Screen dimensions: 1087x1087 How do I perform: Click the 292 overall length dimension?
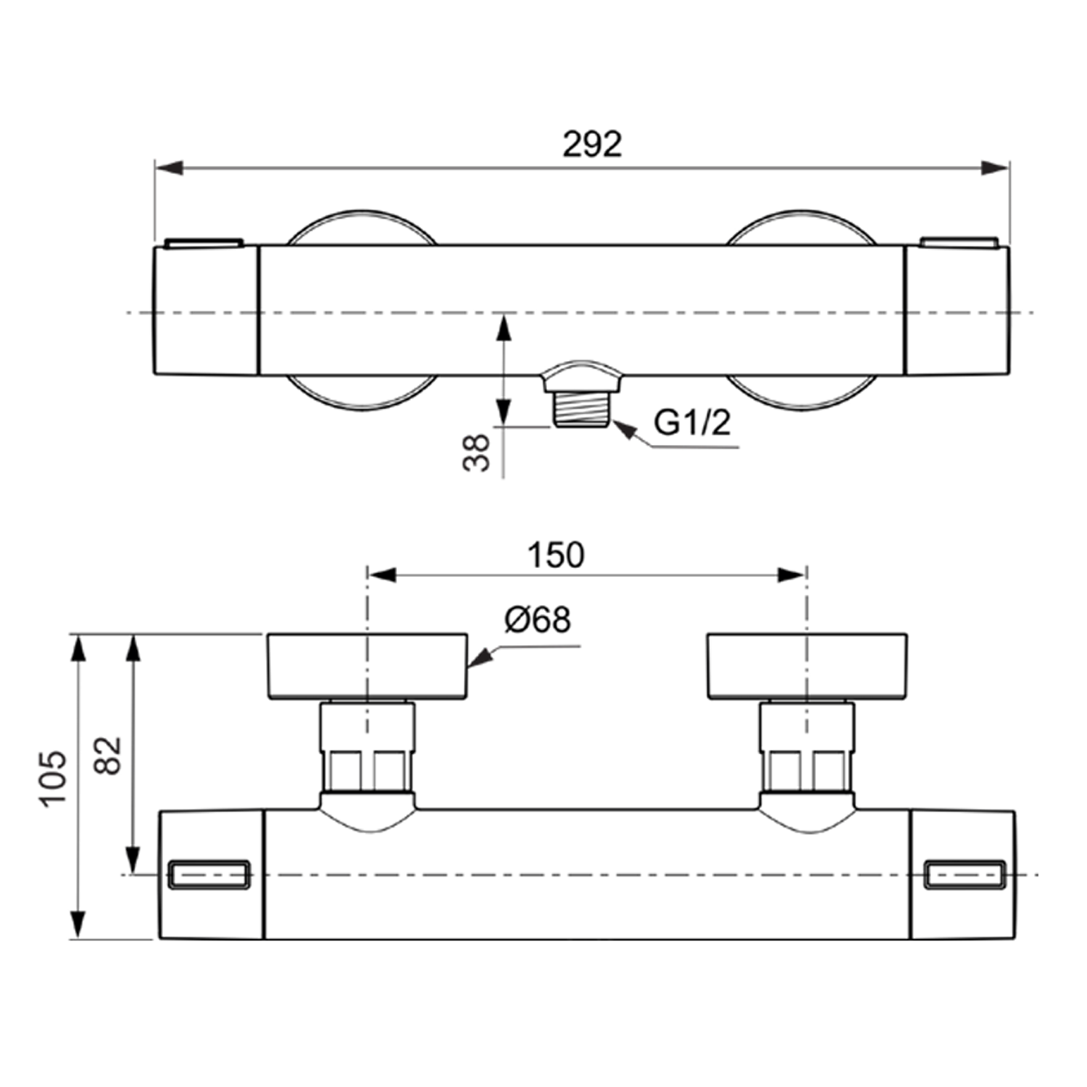(592, 144)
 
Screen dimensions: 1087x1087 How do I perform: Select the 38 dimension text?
(477, 453)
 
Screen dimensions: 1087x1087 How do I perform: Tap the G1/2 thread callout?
(692, 422)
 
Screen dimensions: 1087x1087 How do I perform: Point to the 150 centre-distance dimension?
(556, 555)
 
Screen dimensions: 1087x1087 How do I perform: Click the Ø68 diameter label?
(538, 620)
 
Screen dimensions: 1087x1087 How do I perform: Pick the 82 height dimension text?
(109, 756)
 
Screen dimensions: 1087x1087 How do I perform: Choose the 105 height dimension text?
(54, 778)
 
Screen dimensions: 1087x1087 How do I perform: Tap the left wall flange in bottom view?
(367, 667)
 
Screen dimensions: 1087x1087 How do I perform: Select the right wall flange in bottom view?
(807, 667)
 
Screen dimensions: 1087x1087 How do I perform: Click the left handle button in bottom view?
(209, 874)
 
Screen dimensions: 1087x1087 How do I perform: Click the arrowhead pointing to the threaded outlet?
(624, 430)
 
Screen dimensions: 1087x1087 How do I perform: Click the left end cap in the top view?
(207, 310)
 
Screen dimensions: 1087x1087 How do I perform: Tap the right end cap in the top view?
(957, 310)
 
